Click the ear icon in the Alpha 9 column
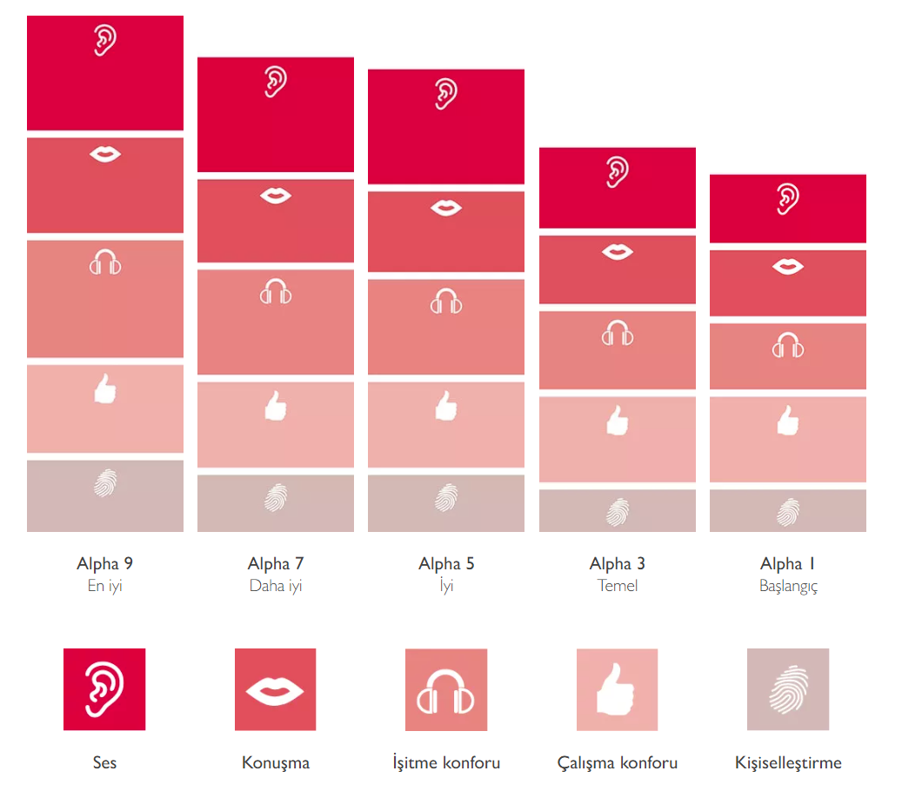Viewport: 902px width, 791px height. click(x=105, y=40)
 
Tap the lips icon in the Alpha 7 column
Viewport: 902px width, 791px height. click(x=276, y=196)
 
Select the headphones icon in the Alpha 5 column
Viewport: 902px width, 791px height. click(x=446, y=301)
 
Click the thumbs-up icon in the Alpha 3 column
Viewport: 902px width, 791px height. click(x=617, y=421)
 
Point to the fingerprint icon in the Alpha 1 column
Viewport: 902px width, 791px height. click(x=788, y=511)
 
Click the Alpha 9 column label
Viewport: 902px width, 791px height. click(x=104, y=564)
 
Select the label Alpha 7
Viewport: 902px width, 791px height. click(x=276, y=564)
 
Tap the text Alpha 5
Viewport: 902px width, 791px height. click(x=446, y=564)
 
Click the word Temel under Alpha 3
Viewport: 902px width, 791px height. click(x=618, y=586)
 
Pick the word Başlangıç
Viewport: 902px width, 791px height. click(x=788, y=586)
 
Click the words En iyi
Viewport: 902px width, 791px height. click(x=104, y=586)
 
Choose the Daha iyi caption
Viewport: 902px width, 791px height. click(x=276, y=586)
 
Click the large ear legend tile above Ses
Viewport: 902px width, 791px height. click(x=104, y=689)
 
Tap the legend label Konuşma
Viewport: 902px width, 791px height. click(x=276, y=763)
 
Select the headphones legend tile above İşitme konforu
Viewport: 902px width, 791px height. click(x=446, y=689)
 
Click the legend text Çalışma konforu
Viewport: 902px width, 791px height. click(x=618, y=763)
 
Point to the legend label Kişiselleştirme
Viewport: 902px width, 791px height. click(x=788, y=763)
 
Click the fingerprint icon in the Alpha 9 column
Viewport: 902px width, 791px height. click(x=105, y=482)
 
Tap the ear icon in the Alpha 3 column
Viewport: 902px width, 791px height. click(x=617, y=172)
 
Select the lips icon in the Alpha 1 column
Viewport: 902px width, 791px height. click(x=788, y=266)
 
